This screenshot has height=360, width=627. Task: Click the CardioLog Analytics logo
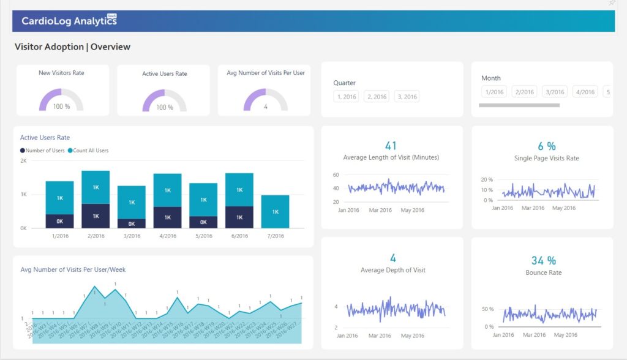click(x=69, y=21)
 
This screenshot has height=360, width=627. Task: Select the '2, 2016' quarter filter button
click(x=376, y=97)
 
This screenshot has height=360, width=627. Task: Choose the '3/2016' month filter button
click(x=555, y=92)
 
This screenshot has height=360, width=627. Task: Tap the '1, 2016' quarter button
click(x=346, y=97)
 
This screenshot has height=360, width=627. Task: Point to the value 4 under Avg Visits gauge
click(x=266, y=107)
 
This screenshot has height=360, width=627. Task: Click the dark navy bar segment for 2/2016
click(x=96, y=216)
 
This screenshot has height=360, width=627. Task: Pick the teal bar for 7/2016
click(x=275, y=211)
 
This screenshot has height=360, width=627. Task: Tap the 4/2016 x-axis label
click(x=167, y=236)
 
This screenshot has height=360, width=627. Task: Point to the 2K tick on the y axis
click(x=23, y=161)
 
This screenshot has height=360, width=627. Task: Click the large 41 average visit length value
click(x=391, y=146)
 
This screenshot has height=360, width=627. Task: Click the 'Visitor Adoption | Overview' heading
click(x=72, y=47)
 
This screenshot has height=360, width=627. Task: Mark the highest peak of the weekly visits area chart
click(x=94, y=287)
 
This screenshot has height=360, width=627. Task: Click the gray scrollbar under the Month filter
click(x=519, y=105)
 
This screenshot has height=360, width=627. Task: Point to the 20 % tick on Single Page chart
click(x=487, y=180)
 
